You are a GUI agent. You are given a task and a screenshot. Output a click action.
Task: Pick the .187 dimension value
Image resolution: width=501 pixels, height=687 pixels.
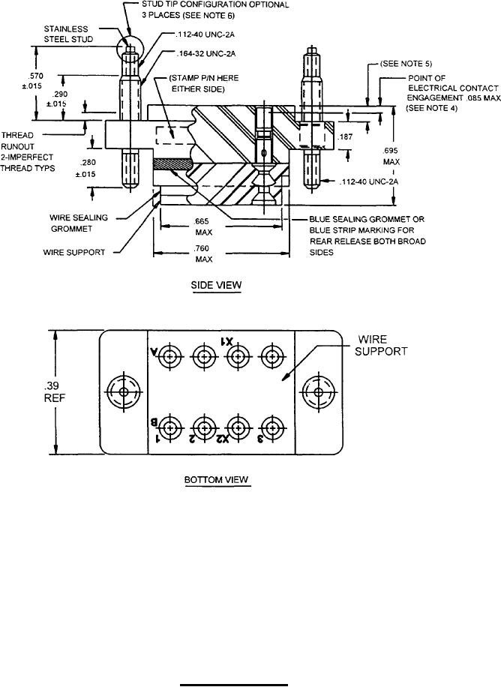[x=345, y=137]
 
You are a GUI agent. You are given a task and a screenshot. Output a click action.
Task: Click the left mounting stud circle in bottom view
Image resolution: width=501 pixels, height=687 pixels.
[x=121, y=391]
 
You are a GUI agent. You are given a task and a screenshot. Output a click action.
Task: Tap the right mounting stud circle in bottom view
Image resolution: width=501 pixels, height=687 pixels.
[x=318, y=391]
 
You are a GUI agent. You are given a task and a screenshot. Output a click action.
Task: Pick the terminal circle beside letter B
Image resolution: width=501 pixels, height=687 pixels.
[x=170, y=429]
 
